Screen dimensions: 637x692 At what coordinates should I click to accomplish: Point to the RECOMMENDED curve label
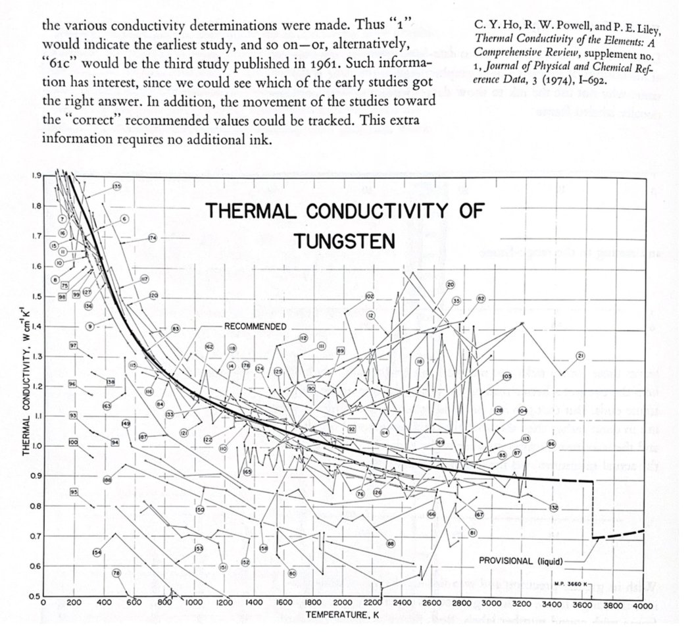point(255,326)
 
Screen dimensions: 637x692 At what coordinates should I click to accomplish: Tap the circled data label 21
point(581,356)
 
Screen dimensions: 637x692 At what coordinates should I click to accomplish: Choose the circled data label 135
point(116,187)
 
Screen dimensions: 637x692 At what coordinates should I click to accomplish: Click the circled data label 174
point(152,238)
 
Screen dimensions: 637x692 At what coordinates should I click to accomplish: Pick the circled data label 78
point(116,573)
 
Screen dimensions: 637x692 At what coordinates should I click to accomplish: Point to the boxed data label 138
point(111,382)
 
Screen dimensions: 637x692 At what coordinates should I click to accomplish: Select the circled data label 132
point(554,507)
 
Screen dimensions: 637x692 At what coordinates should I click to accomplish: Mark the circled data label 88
point(390,544)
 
